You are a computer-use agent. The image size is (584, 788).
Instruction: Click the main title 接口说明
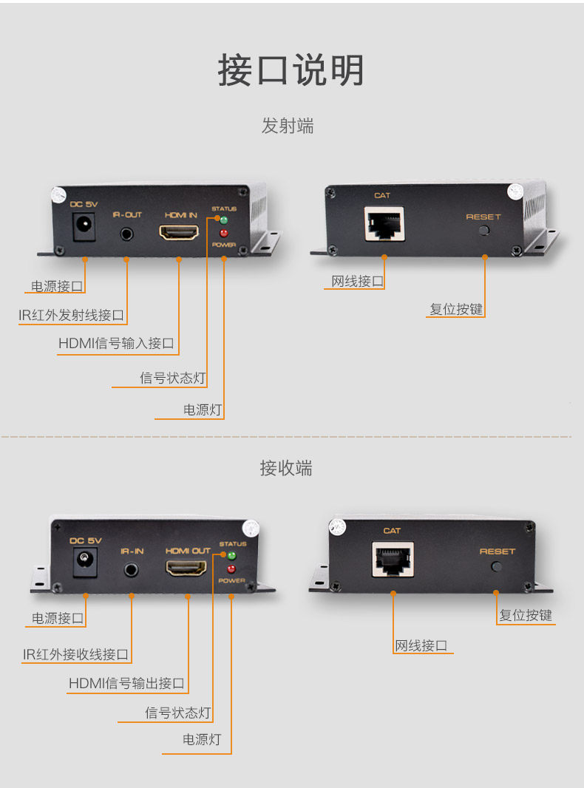click(291, 69)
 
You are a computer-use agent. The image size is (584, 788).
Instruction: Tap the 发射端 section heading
click(288, 126)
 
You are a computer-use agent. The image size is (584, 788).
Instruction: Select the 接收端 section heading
click(286, 468)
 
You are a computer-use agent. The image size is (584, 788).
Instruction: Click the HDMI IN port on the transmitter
click(179, 231)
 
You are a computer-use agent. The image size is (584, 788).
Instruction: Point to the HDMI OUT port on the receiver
click(186, 568)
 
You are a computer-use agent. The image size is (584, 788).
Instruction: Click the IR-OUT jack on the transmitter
click(126, 234)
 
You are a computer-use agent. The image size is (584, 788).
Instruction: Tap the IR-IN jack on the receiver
click(131, 570)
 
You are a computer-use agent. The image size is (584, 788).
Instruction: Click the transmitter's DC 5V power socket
click(84, 226)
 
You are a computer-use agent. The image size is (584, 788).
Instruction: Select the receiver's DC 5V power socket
click(86, 562)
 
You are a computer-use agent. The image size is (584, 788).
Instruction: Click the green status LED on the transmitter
click(224, 220)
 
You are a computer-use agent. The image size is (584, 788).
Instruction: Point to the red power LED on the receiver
click(231, 569)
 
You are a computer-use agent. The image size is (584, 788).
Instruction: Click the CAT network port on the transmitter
click(384, 224)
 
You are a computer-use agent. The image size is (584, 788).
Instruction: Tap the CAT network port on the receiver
click(393, 560)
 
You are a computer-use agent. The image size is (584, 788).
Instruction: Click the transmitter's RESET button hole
click(484, 231)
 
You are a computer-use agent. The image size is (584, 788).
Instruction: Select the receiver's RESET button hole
click(496, 567)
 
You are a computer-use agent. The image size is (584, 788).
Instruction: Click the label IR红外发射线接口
click(72, 315)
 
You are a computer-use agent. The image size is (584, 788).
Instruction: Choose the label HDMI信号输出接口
click(126, 683)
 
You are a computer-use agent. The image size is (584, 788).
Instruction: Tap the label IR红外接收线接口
click(75, 653)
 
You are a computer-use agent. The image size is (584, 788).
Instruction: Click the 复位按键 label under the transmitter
click(456, 308)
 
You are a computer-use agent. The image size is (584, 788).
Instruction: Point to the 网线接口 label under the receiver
click(421, 645)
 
